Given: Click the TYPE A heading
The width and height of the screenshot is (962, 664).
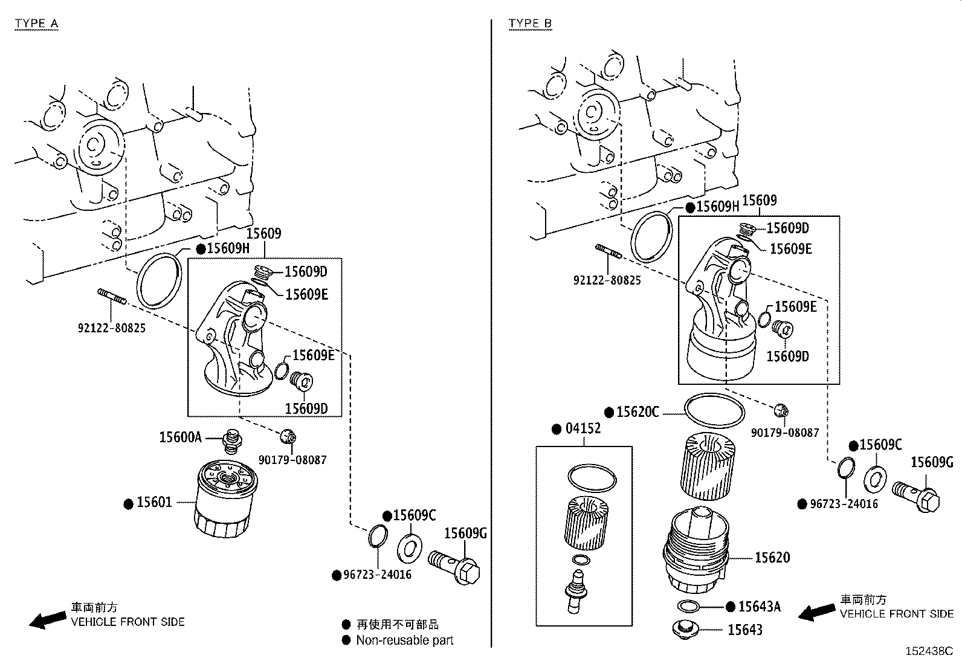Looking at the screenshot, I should (36, 24).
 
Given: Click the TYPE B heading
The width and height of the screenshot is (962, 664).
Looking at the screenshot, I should (530, 24).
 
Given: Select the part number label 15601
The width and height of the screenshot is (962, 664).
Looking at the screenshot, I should (154, 502).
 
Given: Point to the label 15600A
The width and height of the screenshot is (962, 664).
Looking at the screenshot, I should (180, 437).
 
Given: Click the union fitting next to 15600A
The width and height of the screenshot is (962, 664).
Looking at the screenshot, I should (230, 442).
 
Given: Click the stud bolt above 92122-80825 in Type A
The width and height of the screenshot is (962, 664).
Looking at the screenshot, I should (112, 297).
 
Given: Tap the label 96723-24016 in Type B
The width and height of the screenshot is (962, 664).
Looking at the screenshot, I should (844, 503).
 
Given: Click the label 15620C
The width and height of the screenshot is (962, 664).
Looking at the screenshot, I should (638, 412).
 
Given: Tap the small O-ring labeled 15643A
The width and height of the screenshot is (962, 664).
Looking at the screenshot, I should (689, 606).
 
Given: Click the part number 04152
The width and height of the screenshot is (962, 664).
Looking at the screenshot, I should (583, 428).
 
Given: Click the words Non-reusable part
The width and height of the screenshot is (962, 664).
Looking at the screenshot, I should (404, 640).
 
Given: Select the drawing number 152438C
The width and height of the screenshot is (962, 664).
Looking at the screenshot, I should (928, 651).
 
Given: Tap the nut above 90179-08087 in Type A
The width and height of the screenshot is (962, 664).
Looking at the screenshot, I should (289, 436).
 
